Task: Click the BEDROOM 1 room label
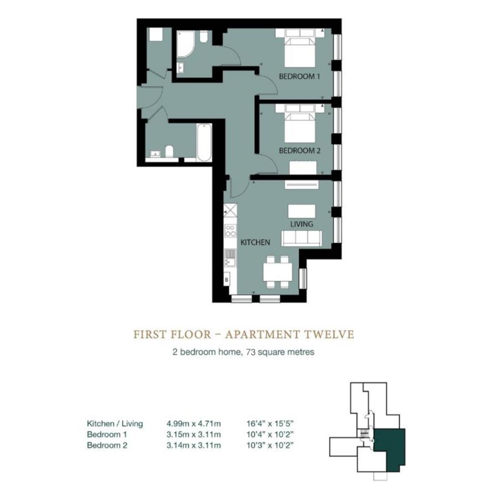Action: point(299,77)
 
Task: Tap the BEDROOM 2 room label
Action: point(300,150)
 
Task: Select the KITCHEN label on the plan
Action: point(255,243)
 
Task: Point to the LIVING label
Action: point(302,224)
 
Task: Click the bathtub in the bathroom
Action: point(204,143)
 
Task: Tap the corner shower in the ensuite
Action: point(185,44)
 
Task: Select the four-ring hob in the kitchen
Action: point(231,231)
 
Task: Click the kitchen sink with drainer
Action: point(230,258)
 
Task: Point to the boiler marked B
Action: point(227,280)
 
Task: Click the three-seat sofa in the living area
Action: point(302,238)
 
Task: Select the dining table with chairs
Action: point(278,272)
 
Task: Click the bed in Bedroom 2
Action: point(300,124)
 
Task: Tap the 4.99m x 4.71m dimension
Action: point(194,423)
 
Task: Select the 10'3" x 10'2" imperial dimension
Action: point(270,445)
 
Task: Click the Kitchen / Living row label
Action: point(115,424)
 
